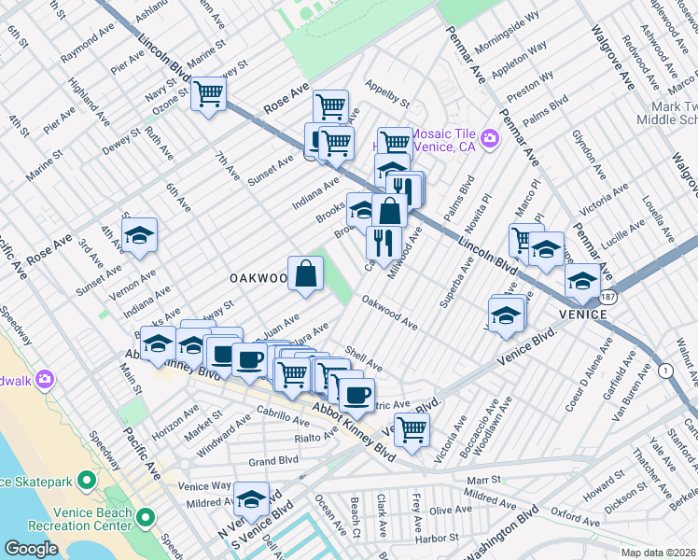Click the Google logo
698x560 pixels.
click(31, 549)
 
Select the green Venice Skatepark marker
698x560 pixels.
click(87, 481)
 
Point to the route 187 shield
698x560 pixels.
click(608, 295)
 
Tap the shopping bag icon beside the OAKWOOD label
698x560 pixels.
click(305, 273)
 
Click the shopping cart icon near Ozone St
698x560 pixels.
click(209, 93)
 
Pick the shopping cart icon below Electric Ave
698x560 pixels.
click(411, 429)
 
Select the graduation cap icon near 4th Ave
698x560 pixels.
click(139, 235)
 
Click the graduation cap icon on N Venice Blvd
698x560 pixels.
click(250, 498)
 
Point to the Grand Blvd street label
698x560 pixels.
click(272, 461)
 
